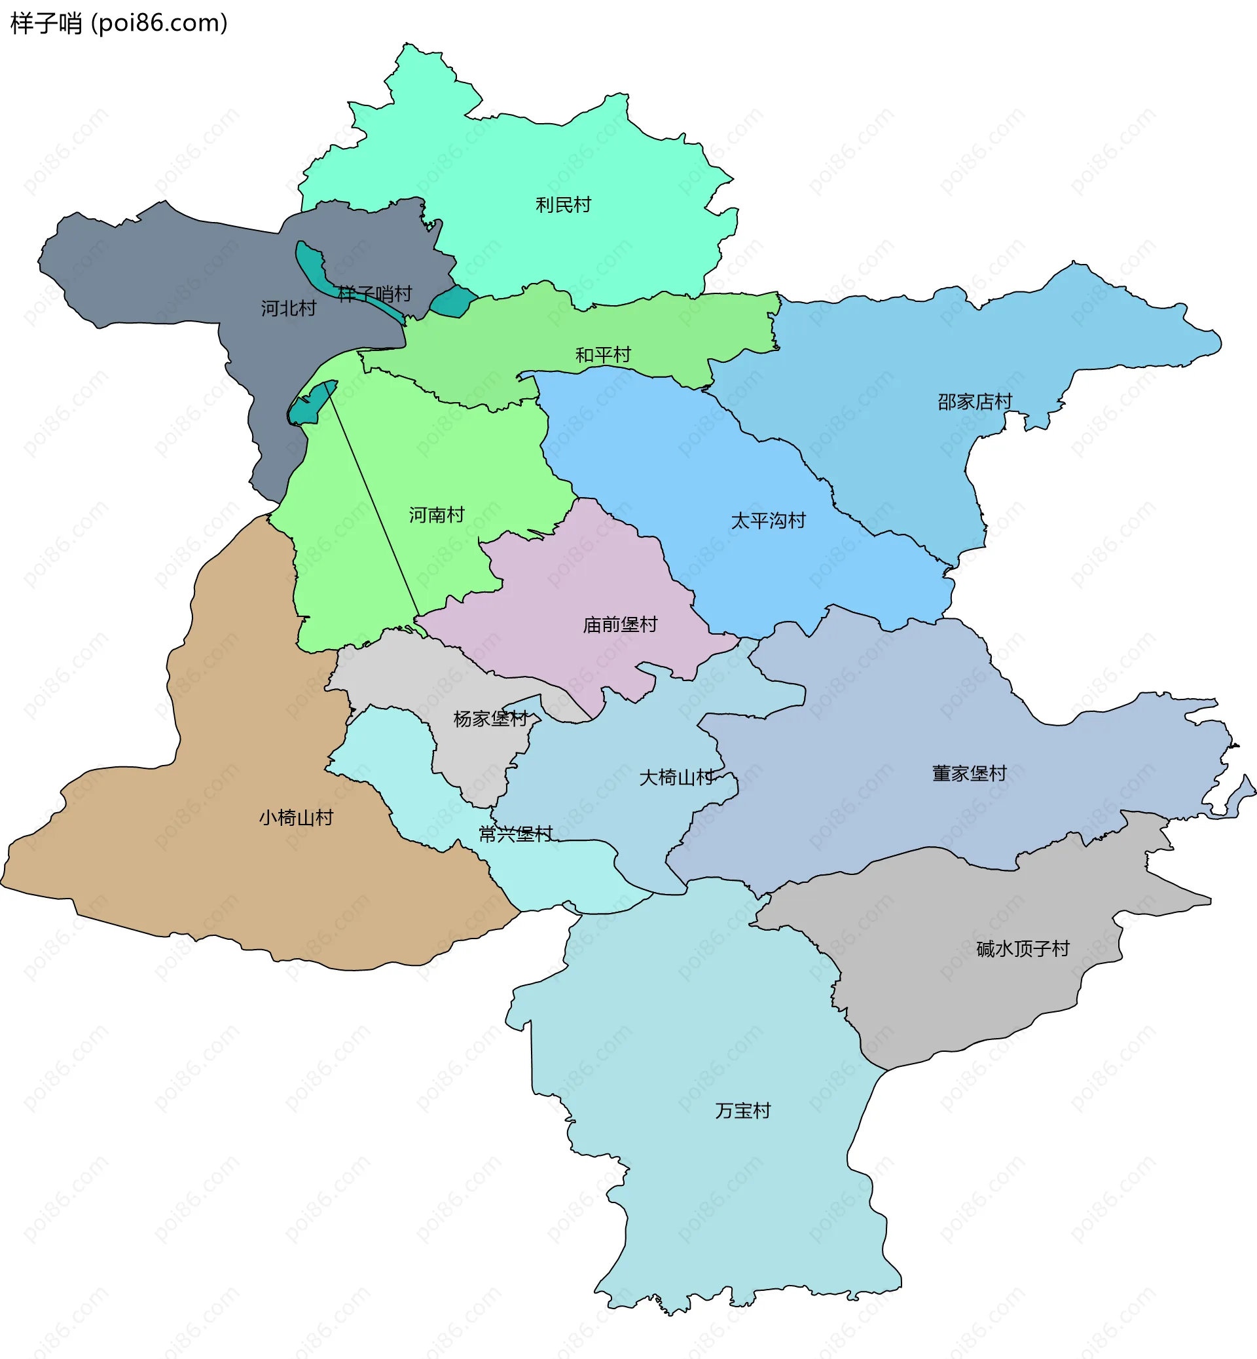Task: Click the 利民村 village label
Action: [563, 205]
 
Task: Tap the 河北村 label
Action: [289, 308]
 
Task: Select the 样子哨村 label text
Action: [374, 294]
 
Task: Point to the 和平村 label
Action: [603, 354]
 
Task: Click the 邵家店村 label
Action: [974, 401]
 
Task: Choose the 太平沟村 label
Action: [768, 521]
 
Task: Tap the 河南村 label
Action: [436, 515]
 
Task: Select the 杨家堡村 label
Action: [490, 718]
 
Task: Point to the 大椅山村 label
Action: [676, 777]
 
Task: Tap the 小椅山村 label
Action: [296, 817]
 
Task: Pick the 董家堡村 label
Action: [968, 773]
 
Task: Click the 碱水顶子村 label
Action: [1023, 948]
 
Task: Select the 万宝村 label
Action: [743, 1111]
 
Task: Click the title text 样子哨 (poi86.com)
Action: [119, 23]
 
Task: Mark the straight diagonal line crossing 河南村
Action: [374, 500]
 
